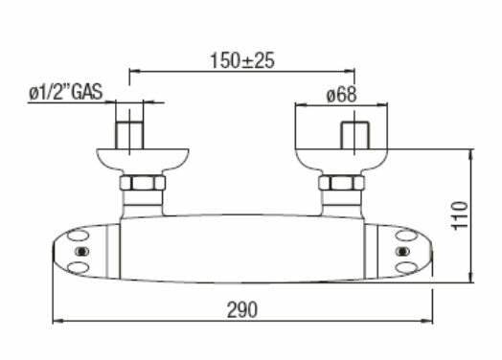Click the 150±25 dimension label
[242, 60]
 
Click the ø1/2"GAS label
[66, 92]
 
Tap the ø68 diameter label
[341, 95]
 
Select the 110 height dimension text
[460, 215]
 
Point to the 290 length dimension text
[242, 309]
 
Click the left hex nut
[143, 183]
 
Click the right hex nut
[342, 183]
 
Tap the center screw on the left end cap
[81, 252]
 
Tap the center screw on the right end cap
[402, 252]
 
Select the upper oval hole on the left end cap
[79, 236]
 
